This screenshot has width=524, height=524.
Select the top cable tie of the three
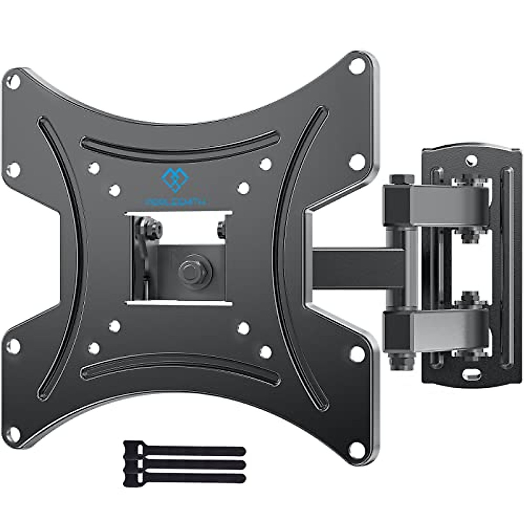[x=183, y=450]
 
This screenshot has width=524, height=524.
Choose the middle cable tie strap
[x=183, y=464]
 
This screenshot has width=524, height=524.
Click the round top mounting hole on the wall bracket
[x=470, y=160]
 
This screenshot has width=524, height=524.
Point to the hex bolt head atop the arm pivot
[x=397, y=179]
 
